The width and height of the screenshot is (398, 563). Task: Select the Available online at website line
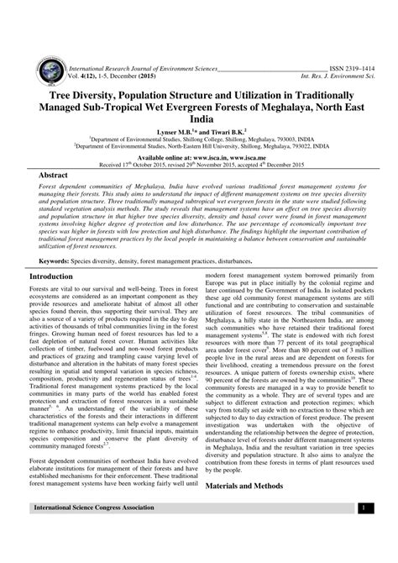click(199, 157)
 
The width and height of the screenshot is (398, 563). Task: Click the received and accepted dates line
click(199, 164)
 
